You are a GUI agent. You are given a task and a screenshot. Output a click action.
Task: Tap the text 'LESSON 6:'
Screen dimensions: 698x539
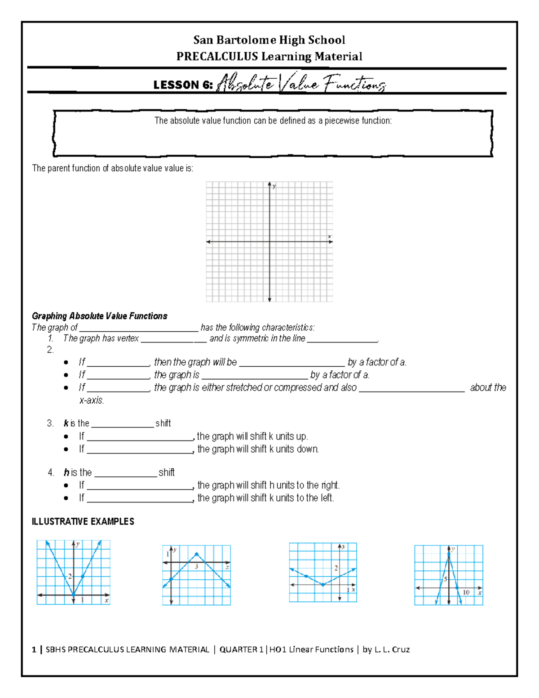tap(182, 85)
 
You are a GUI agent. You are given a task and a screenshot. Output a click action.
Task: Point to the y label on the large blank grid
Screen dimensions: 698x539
tap(274, 186)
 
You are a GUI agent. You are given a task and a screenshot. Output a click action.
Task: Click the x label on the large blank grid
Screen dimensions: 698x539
tap(329, 236)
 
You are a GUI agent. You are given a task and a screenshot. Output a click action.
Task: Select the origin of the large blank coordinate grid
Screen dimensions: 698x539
tap(269, 242)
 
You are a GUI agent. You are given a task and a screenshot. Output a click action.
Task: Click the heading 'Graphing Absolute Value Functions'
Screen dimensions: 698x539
tap(99, 316)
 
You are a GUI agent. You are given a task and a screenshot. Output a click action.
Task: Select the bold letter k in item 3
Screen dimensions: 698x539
tap(66, 423)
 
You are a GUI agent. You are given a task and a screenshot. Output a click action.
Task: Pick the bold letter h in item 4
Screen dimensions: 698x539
tap(66, 472)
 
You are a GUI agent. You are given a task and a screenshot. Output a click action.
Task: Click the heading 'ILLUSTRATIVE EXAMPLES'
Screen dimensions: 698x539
tap(83, 521)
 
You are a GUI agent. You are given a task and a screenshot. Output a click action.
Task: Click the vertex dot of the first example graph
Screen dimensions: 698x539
tap(74, 595)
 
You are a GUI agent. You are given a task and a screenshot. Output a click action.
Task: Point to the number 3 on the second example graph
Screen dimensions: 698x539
tap(197, 567)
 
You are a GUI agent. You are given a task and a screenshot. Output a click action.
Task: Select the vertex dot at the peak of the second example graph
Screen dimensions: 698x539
tap(197, 554)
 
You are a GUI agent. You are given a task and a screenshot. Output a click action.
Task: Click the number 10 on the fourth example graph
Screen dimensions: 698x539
tap(466, 592)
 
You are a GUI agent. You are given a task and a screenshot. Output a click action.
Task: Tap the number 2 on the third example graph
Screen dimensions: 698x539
tap(336, 568)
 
